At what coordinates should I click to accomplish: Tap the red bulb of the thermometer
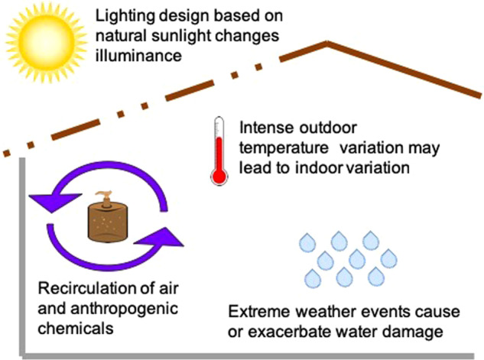[x=219, y=177]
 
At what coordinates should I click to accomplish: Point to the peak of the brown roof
[x=327, y=44]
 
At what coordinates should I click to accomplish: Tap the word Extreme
[x=254, y=312]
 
